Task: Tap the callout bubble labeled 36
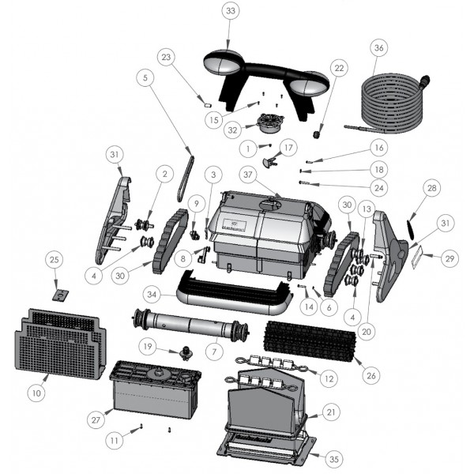379,48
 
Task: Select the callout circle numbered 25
54,260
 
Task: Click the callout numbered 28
432,189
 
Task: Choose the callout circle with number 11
115,438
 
